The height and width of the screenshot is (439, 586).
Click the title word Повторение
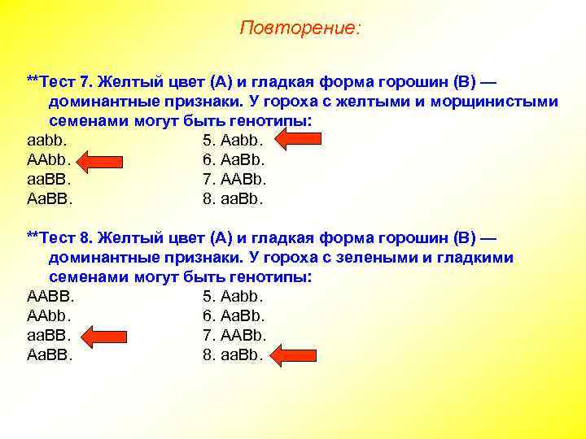[300, 28]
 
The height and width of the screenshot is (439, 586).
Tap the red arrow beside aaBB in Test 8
[102, 335]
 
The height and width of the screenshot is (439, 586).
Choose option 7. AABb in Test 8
[234, 335]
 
